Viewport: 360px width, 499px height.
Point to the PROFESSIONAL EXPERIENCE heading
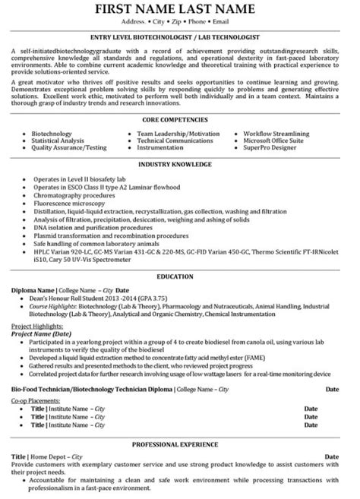click(180, 442)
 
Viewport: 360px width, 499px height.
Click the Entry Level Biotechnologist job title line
click(180, 36)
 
